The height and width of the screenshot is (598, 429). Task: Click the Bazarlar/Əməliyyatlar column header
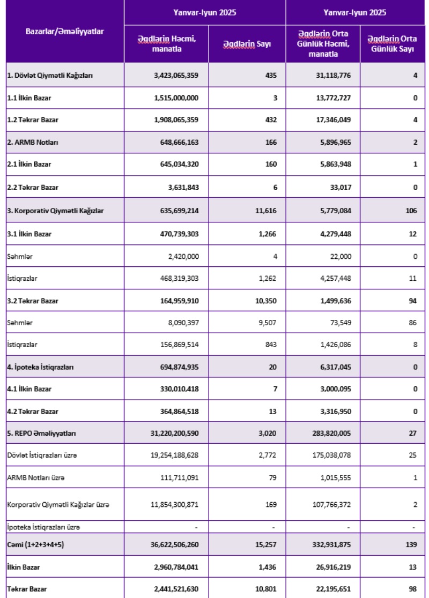(x=65, y=31)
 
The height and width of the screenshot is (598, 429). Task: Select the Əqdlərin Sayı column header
(x=247, y=44)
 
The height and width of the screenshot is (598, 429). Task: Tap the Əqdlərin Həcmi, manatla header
(x=166, y=44)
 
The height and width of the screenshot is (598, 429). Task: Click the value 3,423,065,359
(x=176, y=76)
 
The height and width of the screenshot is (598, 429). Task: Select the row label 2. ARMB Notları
(x=33, y=143)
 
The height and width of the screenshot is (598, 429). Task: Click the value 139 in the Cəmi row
(x=411, y=544)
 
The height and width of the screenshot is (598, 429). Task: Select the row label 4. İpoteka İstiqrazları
(x=41, y=367)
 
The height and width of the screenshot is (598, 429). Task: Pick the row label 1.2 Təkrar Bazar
(x=33, y=120)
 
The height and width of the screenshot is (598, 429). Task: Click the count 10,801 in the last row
(x=265, y=589)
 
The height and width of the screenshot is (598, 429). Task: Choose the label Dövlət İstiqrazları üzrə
(x=42, y=455)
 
